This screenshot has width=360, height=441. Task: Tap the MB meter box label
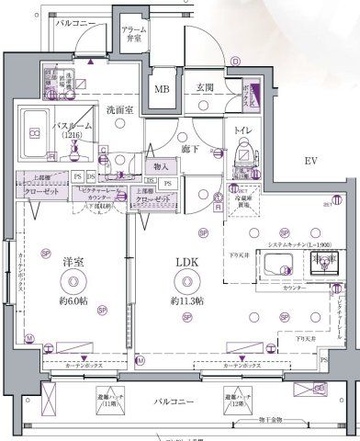[x=162, y=89]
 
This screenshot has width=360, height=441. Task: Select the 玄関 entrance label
[x=204, y=88]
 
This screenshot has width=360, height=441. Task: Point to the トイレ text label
[x=242, y=130]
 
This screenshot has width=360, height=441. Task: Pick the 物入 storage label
[x=160, y=167]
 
